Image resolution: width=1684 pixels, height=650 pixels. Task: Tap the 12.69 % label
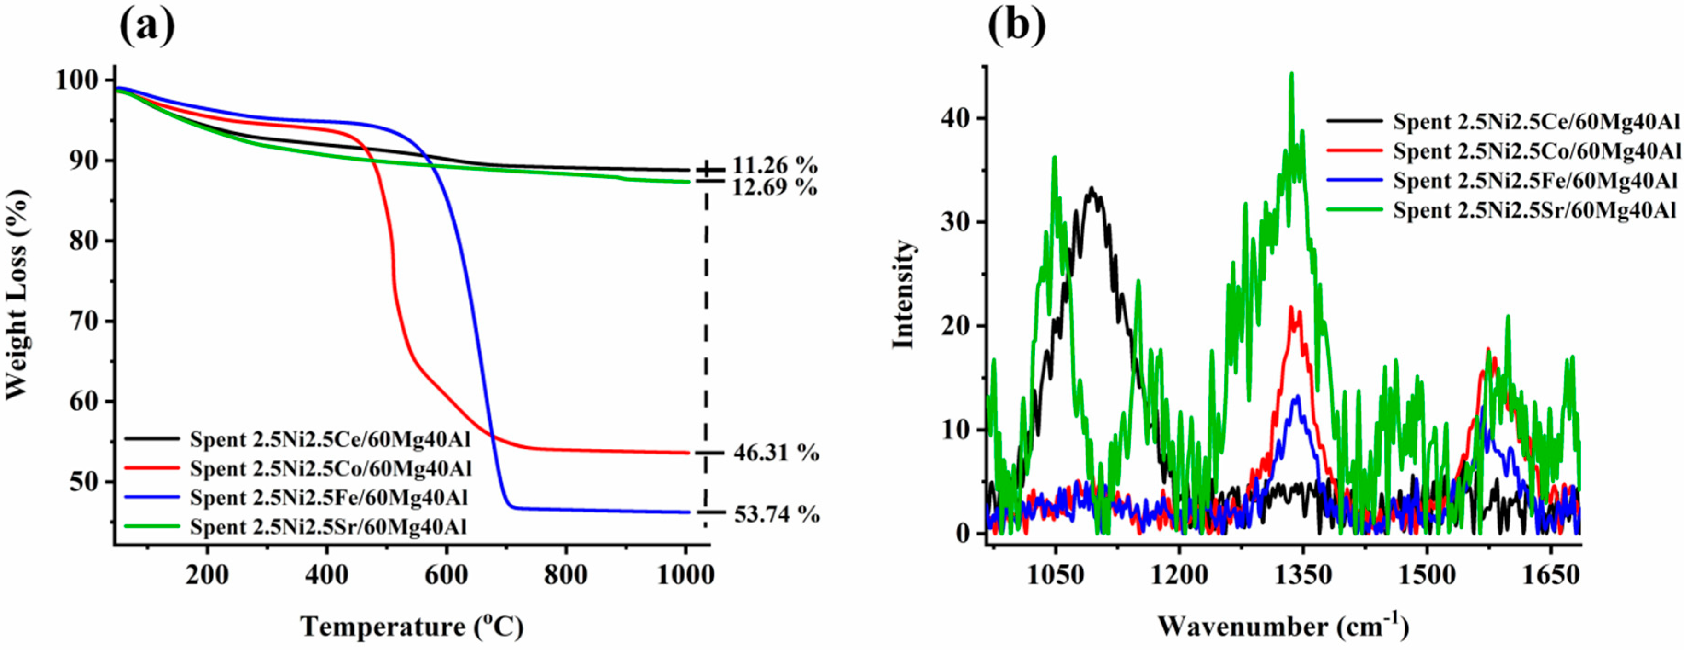click(775, 188)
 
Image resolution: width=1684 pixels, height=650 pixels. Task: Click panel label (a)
click(147, 25)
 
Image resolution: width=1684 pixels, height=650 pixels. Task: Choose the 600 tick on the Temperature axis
click(446, 575)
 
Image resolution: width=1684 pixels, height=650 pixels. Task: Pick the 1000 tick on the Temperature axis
click(685, 575)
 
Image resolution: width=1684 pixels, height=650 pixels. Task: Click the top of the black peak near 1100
click(1091, 188)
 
